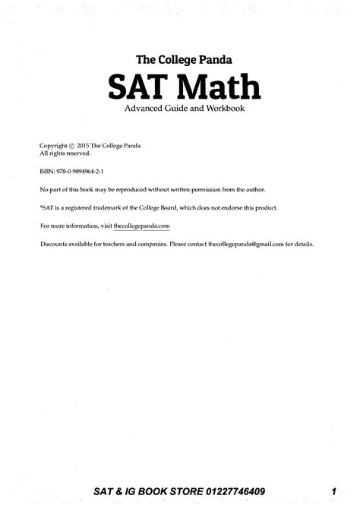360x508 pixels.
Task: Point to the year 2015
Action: click(84, 144)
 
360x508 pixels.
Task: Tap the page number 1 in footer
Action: click(334, 492)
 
